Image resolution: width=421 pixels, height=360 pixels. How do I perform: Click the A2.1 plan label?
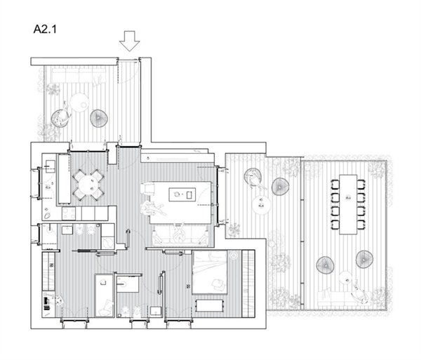coord(45,29)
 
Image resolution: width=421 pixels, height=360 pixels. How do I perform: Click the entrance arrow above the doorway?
coord(130,41)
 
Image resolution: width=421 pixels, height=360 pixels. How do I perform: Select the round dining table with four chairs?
coord(88,185)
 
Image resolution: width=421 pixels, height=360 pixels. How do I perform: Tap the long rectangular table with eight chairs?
coord(348,205)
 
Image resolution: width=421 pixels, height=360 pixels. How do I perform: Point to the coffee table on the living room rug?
coord(182,194)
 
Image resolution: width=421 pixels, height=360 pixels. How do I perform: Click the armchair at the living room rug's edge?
coord(147,188)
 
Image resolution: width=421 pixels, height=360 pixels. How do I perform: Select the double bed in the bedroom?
coord(210,272)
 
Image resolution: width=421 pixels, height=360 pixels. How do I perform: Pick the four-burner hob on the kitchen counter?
coord(69,213)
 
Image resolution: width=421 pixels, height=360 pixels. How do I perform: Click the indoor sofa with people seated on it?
coord(181,235)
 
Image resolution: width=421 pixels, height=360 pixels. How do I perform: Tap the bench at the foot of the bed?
coord(209,306)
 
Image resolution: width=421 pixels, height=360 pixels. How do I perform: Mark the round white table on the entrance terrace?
coord(79,102)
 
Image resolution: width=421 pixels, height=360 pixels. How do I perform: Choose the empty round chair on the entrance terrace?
coord(99,118)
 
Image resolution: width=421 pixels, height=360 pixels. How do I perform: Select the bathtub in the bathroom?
coord(105,295)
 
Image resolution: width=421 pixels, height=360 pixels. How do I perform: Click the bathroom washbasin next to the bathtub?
coord(128,284)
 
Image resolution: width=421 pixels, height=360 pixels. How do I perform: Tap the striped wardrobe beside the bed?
coord(248,284)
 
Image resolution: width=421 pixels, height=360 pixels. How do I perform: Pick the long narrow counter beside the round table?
coord(65,179)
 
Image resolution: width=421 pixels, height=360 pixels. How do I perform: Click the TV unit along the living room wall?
coord(178,158)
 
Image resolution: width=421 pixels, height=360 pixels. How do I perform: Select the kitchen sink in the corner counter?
coord(51,166)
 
